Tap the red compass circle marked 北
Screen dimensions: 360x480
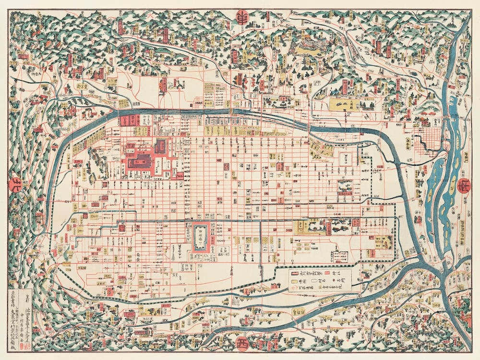coord(16,184)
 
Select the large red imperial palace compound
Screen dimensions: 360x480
coord(144,156)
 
